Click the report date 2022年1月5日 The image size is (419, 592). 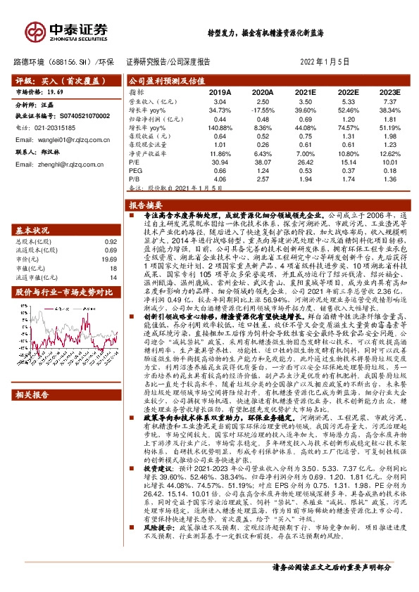pyautogui.click(x=330, y=62)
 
